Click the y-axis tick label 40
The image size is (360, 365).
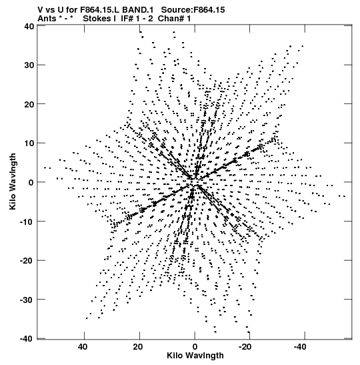29,26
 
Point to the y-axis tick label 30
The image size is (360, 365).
29,65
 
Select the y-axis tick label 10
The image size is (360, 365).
29,143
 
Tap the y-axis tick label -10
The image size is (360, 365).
27,222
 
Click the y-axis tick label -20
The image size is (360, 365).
27,260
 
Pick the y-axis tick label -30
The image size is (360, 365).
27,300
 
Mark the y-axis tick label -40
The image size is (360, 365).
27,339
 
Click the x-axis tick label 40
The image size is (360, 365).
83,347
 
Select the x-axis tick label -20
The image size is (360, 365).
245,347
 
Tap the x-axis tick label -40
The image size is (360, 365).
300,347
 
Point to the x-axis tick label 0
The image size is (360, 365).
195,347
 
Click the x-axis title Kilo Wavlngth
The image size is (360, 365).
195,356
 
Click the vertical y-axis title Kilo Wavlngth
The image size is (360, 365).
13,181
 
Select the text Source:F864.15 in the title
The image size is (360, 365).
193,10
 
